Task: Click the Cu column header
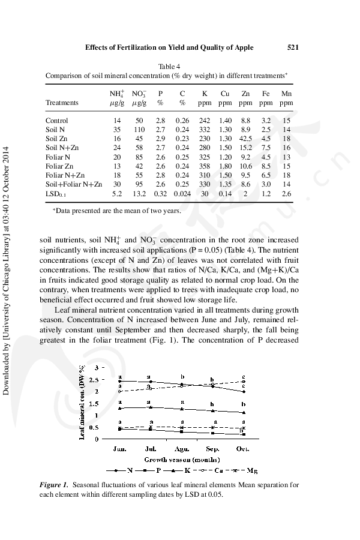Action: tap(225, 94)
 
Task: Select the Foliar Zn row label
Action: tap(60, 166)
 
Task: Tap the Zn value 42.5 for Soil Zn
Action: tap(245, 139)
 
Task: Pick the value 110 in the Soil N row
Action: tap(139, 130)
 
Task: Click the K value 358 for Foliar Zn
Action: tap(205, 166)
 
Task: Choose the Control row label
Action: tap(57, 121)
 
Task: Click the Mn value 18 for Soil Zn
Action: tap(286, 139)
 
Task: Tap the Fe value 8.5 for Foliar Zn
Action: tap(266, 166)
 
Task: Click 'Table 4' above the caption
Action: tap(169, 66)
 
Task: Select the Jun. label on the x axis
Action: tap(120, 448)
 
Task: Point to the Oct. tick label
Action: tap(242, 448)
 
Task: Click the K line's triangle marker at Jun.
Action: tap(120, 408)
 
